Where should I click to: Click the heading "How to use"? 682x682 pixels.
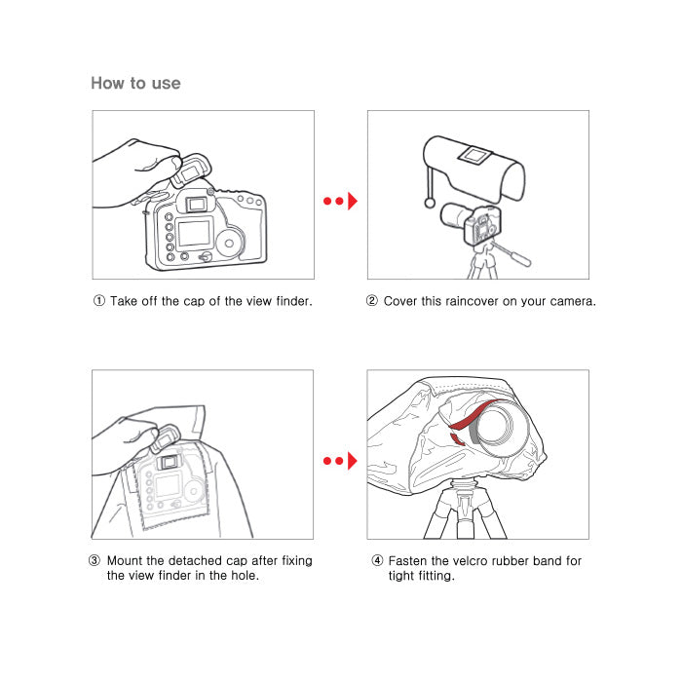tap(135, 83)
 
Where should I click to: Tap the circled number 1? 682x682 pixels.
tap(99, 300)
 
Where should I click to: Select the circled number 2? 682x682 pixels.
tap(372, 300)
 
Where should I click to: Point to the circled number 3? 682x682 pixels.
tap(95, 560)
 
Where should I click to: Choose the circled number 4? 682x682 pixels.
tap(377, 560)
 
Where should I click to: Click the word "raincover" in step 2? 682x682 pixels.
tap(472, 301)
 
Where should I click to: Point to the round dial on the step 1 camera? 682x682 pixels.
tap(230, 244)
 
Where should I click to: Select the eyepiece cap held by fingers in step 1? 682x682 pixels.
tap(191, 170)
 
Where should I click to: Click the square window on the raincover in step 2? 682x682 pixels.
tap(475, 156)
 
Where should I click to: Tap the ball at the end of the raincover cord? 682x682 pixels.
tap(430, 203)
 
